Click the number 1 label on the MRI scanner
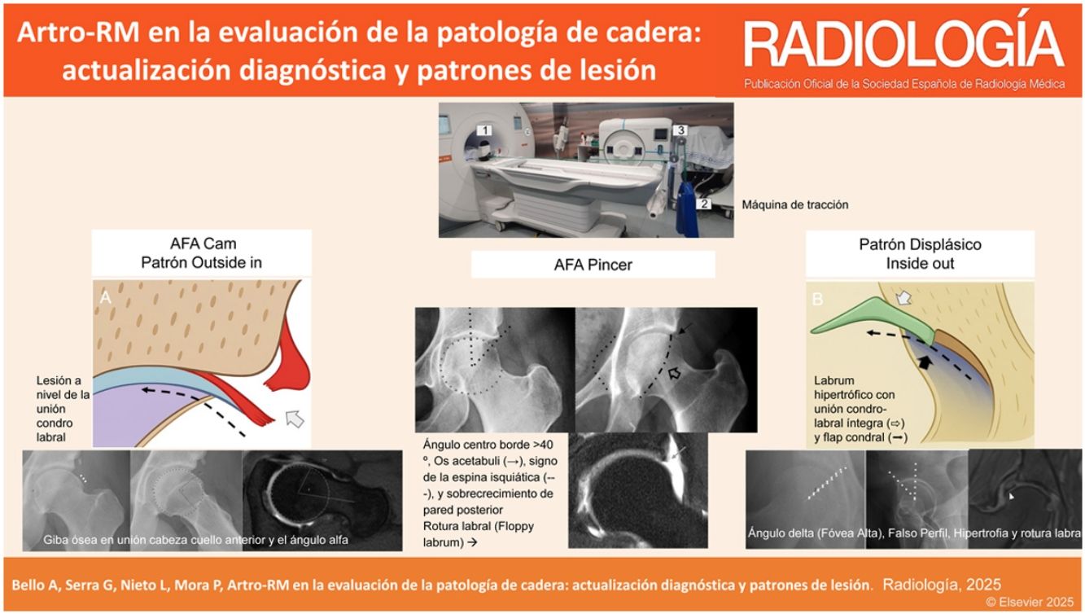483,130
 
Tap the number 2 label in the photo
704,204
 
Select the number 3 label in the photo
680,129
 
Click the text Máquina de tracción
795,205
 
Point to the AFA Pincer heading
593,265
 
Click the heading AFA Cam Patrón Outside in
202,253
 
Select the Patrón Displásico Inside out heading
920,254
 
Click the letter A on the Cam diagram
105,297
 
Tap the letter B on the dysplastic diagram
817,299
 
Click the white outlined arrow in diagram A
295,419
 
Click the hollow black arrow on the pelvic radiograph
674,373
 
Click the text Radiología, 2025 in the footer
941,585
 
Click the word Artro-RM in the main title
78,33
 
